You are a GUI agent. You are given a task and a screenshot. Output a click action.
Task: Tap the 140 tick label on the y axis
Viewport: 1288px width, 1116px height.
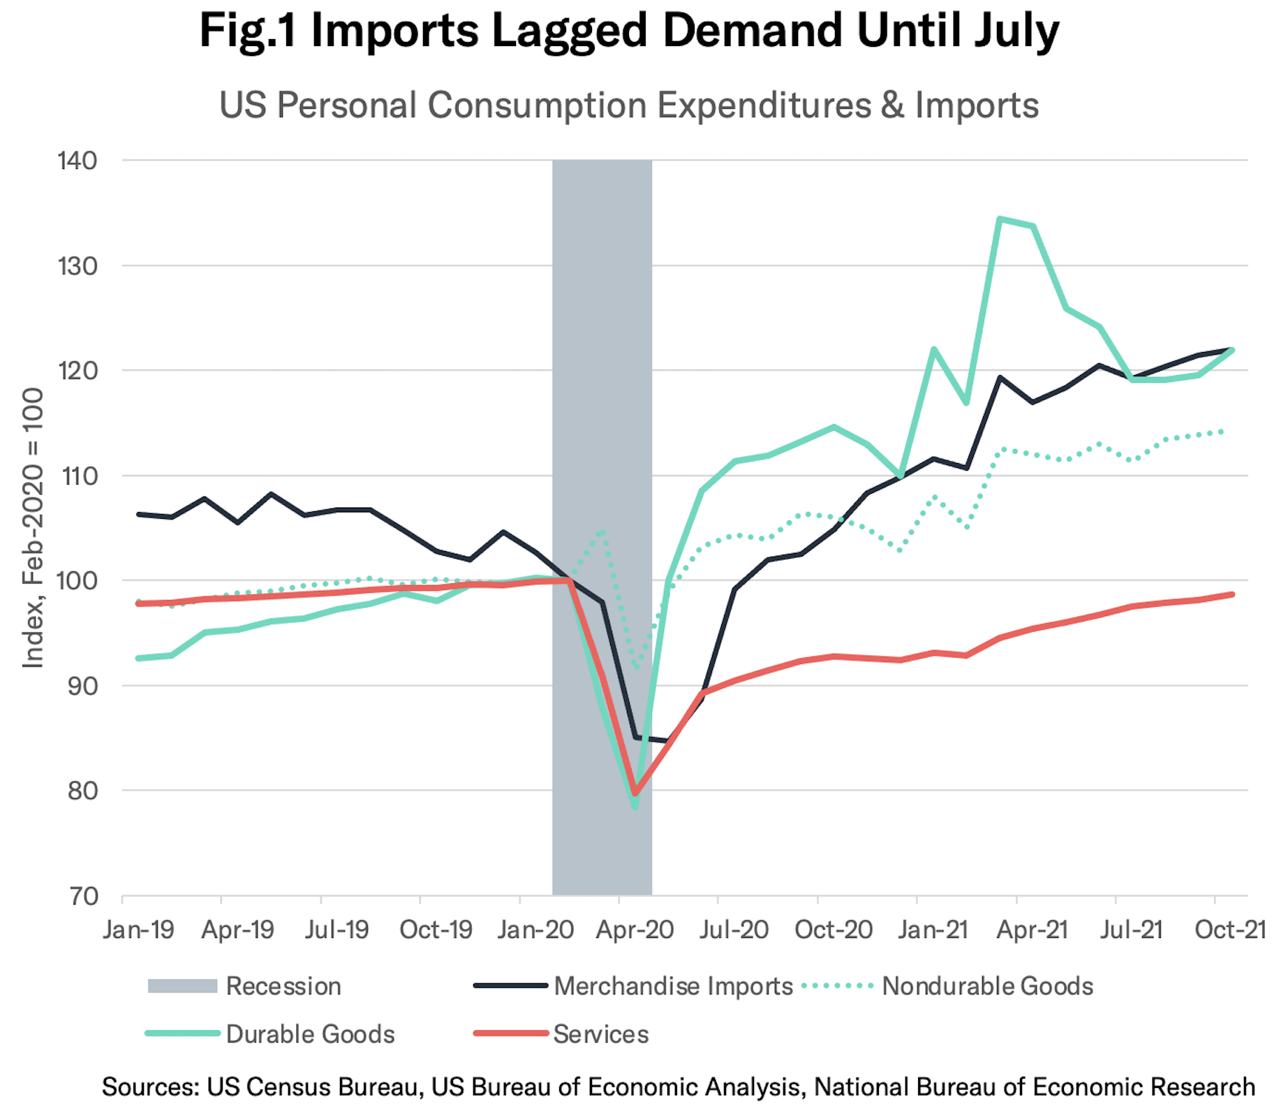pos(77,161)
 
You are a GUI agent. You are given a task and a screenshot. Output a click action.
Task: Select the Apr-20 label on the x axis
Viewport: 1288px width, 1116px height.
pos(635,930)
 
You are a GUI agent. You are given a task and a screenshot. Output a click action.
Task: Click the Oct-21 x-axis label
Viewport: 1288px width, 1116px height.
pos(1230,930)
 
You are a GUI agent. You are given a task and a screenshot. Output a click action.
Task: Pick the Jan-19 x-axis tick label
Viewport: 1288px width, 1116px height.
pos(138,930)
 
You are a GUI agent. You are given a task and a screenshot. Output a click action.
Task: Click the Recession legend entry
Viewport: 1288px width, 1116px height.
pos(283,986)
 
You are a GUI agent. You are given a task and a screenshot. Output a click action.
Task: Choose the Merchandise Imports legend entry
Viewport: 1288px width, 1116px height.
pos(673,986)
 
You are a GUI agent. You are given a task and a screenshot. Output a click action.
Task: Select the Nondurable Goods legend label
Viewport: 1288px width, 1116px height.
pos(987,986)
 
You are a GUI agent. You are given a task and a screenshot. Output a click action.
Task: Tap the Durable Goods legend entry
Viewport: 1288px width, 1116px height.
pos(310,1034)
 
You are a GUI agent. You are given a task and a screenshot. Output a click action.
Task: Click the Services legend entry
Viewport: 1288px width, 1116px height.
pos(600,1034)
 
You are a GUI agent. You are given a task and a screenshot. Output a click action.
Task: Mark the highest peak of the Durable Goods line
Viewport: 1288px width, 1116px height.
pos(1000,219)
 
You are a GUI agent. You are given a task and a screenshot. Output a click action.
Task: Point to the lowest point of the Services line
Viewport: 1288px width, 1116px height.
pos(635,795)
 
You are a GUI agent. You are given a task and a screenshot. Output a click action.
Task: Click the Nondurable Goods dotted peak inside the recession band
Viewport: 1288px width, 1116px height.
pos(602,532)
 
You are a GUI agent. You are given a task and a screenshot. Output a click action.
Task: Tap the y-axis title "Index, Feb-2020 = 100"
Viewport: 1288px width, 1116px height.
pos(34,528)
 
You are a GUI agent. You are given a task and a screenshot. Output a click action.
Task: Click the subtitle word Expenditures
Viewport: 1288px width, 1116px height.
pos(764,106)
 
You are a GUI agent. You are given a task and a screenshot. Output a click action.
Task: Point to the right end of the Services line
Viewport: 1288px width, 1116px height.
pos(1233,594)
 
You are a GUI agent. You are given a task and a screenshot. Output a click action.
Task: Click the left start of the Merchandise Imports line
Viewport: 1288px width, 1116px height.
pos(138,514)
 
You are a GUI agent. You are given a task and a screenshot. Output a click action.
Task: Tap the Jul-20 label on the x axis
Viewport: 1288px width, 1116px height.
pos(734,930)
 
